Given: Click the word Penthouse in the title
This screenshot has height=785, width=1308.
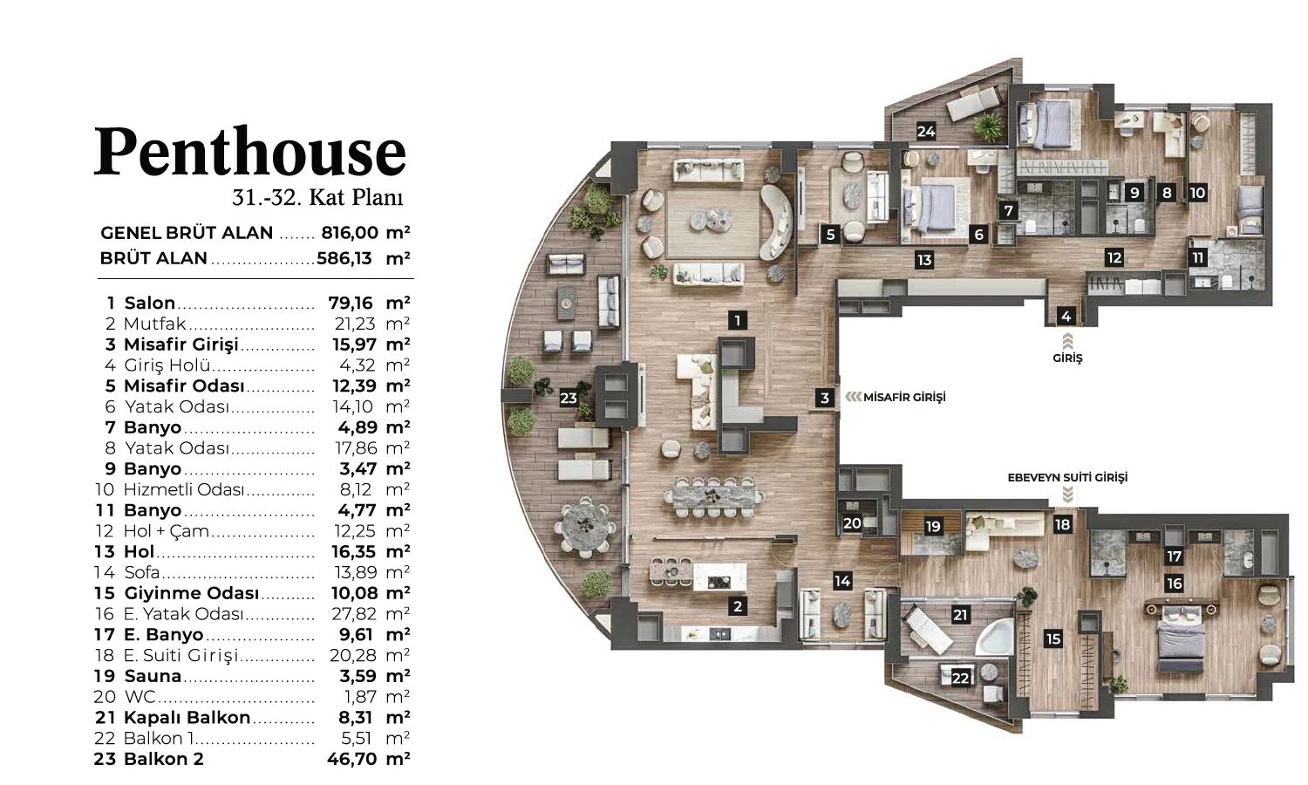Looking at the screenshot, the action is (x=250, y=151).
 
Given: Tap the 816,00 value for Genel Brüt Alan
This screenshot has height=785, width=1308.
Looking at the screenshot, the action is (x=350, y=233).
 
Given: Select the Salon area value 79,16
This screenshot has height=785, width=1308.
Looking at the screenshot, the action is (x=350, y=303).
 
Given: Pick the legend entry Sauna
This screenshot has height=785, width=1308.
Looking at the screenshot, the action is (x=153, y=676).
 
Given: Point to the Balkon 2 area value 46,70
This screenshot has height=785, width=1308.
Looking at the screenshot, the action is (x=351, y=759).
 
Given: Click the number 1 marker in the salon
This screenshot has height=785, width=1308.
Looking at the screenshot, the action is (x=738, y=320).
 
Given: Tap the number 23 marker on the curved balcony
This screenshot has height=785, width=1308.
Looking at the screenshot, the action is (x=569, y=399).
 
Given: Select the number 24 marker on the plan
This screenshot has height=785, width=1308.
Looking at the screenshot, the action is (x=926, y=132).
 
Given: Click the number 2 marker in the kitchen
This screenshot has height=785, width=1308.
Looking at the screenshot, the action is (x=738, y=606).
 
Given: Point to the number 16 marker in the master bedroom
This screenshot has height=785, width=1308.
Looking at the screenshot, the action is (x=1175, y=583).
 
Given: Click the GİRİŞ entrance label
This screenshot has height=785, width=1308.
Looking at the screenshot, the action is (x=1067, y=358).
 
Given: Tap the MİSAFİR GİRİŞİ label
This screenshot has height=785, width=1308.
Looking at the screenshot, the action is (x=904, y=397).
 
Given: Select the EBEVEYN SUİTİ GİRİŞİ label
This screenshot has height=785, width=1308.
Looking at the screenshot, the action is (x=1067, y=477).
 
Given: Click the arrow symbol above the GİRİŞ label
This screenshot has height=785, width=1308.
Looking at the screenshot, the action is (x=1067, y=341).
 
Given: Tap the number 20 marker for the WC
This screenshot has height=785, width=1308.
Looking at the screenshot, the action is (x=852, y=522).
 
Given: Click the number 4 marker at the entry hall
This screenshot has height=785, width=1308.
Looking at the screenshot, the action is (x=1066, y=317).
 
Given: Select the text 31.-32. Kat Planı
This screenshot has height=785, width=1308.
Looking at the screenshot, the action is (x=317, y=197).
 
